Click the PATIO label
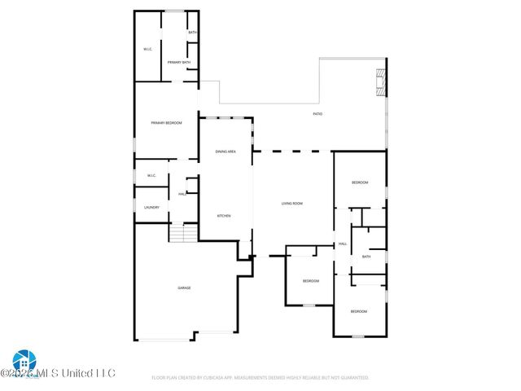pyautogui.click(x=317, y=114)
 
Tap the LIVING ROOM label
pyautogui.click(x=292, y=203)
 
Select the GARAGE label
pyautogui.click(x=184, y=288)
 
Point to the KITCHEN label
pyautogui.click(x=223, y=215)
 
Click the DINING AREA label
pyautogui.click(x=225, y=152)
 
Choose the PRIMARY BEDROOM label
pyautogui.click(x=166, y=123)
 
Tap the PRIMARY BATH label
pyautogui.click(x=179, y=63)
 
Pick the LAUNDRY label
pyautogui.click(x=151, y=208)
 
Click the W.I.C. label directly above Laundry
pyautogui.click(x=151, y=176)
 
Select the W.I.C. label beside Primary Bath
pyautogui.click(x=148, y=49)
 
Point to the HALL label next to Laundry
pyautogui.click(x=182, y=193)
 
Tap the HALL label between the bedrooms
pyautogui.click(x=343, y=244)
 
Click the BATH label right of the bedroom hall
pyautogui.click(x=366, y=257)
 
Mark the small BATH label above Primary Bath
pyautogui.click(x=192, y=33)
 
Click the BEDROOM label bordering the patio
pyautogui.click(x=360, y=182)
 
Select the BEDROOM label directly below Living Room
pyautogui.click(x=311, y=281)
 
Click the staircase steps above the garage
pyautogui.click(x=184, y=234)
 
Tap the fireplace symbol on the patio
pyautogui.click(x=378, y=81)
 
